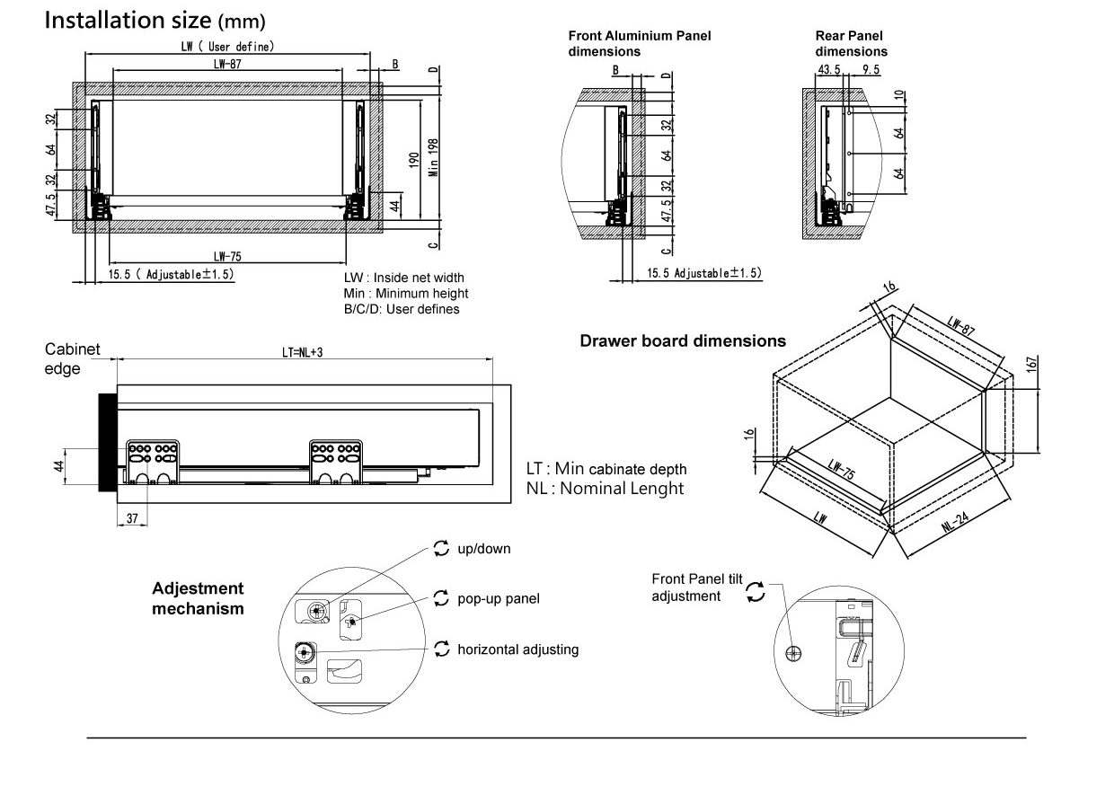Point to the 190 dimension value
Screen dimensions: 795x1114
[413, 160]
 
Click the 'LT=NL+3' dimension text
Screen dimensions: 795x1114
[296, 351]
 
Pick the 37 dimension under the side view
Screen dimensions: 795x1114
[132, 518]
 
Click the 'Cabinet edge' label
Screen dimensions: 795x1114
[73, 358]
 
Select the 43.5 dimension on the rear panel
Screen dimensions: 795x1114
[829, 68]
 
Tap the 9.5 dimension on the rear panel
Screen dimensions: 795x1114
[871, 68]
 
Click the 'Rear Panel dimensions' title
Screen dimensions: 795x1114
[851, 43]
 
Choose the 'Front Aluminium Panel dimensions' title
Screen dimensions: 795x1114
[639, 43]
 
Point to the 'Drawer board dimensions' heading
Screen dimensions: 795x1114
[683, 341]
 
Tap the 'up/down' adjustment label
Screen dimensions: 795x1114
[484, 548]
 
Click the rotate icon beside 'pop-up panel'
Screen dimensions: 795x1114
[440, 597]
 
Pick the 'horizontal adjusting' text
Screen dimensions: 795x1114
[517, 649]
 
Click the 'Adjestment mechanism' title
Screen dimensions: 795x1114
[198, 598]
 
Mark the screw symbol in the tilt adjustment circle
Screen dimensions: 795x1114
[792, 653]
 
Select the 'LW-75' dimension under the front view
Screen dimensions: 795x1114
[227, 255]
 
